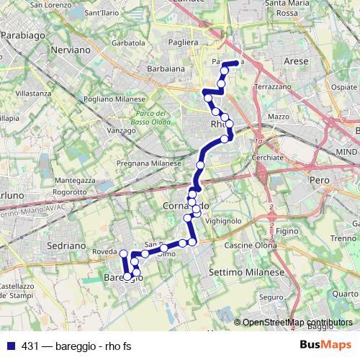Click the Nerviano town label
tap(70, 51)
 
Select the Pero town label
tap(318, 178)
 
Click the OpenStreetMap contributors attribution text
tap(297, 322)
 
